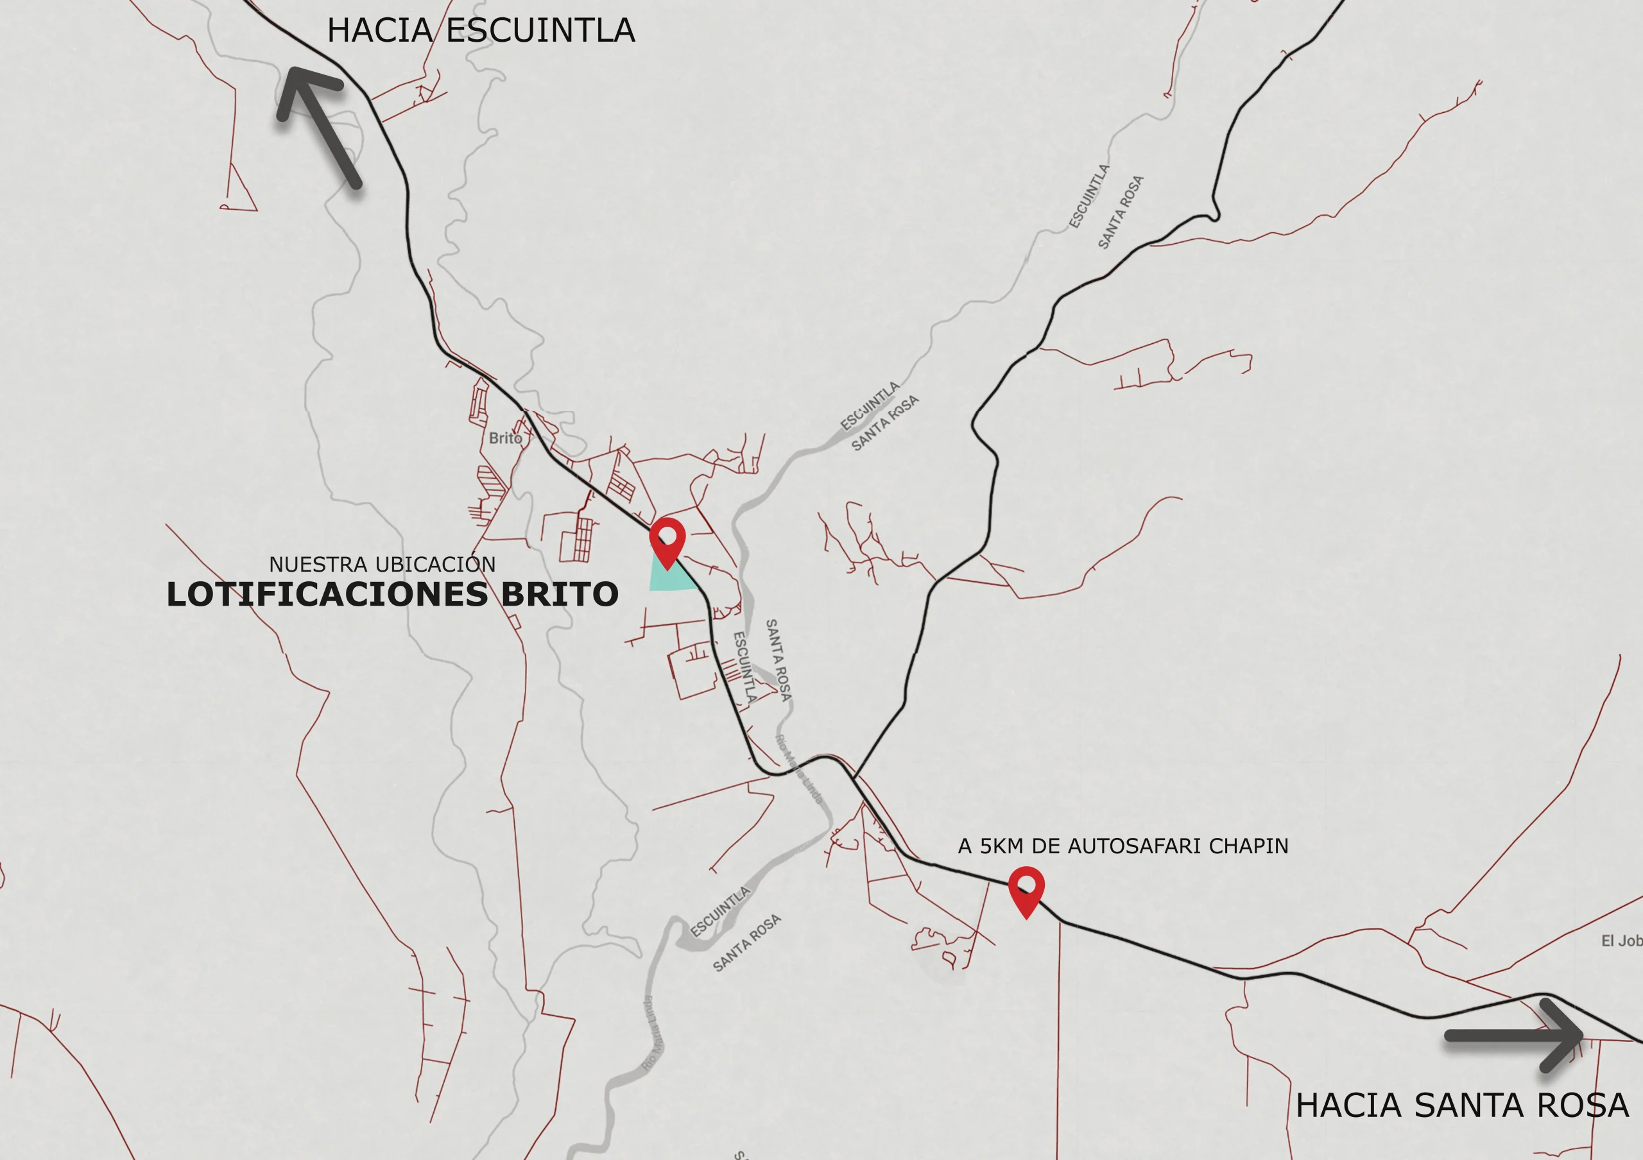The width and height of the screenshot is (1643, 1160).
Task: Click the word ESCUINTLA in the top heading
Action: pos(540,31)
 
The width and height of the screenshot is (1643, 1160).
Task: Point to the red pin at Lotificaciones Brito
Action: pos(667,540)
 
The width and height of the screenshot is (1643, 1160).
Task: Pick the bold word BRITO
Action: pos(559,595)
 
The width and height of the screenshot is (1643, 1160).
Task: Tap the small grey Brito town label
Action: pos(505,438)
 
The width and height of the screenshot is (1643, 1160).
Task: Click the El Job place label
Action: pos(1621,941)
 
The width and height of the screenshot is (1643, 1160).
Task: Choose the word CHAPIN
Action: pos(1249,847)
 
